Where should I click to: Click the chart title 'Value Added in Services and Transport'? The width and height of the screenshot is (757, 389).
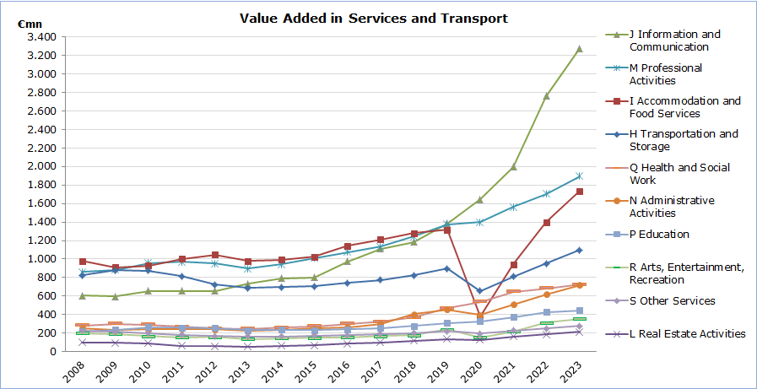[374, 18]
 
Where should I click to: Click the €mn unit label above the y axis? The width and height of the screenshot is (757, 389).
[30, 24]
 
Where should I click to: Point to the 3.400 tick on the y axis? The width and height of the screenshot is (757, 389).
[41, 37]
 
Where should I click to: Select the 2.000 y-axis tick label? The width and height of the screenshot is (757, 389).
[41, 166]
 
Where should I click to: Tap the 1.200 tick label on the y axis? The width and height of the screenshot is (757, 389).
[41, 240]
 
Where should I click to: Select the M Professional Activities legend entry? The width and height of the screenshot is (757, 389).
[666, 74]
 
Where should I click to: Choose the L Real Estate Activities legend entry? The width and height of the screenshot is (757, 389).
[687, 333]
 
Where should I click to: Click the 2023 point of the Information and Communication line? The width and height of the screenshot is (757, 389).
[579, 48]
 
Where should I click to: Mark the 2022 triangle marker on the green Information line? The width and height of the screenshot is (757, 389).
[547, 95]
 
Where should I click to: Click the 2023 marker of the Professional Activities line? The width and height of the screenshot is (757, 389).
[579, 176]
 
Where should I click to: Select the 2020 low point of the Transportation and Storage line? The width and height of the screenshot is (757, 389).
[479, 290]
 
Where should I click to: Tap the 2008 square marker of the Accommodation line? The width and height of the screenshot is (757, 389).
[82, 262]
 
